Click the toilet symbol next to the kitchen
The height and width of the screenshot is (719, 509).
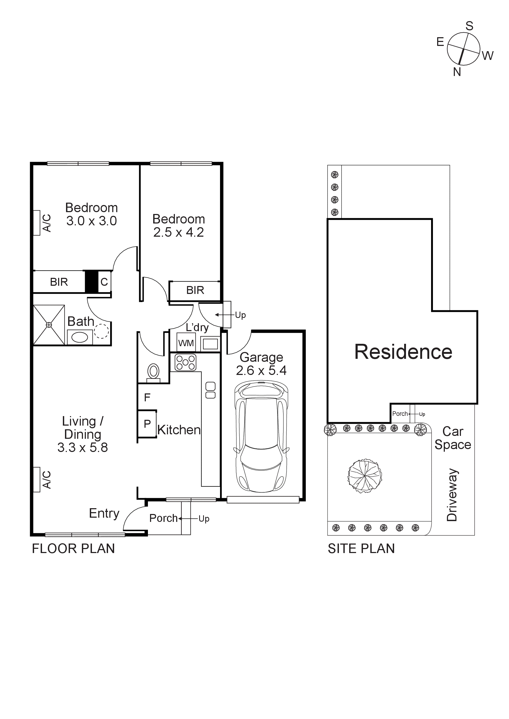(153, 373)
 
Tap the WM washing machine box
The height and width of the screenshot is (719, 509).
(186, 343)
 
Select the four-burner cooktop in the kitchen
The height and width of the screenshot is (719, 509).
(185, 363)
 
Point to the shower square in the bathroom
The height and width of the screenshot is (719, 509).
(49, 325)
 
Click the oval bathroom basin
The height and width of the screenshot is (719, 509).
(80, 337)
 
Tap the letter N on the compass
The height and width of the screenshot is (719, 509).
(457, 72)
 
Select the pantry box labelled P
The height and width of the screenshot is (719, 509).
(147, 424)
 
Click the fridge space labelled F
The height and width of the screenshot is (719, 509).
(147, 397)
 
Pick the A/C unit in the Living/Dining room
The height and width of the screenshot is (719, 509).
(37, 479)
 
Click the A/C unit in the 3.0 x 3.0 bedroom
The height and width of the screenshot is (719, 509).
(37, 223)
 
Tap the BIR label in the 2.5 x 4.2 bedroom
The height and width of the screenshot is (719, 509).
(195, 290)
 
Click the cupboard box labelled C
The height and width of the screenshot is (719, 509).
(104, 282)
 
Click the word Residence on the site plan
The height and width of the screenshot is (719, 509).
(403, 352)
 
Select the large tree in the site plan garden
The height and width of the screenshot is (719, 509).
(365, 477)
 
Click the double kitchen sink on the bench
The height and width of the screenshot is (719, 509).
(210, 390)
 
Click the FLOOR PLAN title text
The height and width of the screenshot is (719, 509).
(73, 549)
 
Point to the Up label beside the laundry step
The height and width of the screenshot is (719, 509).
(240, 315)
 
